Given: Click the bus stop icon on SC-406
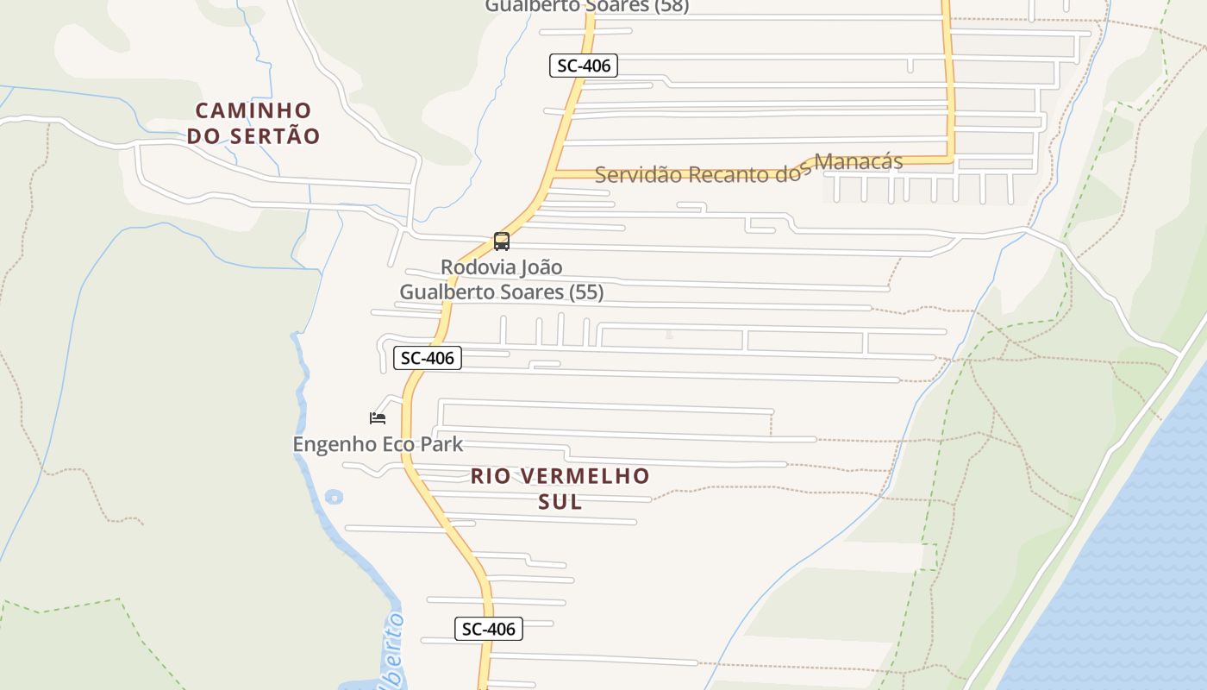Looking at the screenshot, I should (x=502, y=241).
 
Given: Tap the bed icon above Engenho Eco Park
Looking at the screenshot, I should (x=378, y=418).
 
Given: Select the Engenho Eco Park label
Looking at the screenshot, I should (x=378, y=444).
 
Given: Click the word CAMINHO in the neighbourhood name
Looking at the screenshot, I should (x=253, y=110).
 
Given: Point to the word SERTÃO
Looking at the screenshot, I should (x=276, y=136).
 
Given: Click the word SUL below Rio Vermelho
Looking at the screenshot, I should (x=560, y=501).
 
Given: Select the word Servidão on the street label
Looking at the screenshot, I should (x=637, y=174).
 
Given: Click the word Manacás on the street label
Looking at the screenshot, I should (x=859, y=161).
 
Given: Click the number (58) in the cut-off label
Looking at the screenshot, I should (x=672, y=6).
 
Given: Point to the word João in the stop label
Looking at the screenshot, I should (x=542, y=267).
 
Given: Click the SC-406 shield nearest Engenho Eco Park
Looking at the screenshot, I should (x=428, y=358).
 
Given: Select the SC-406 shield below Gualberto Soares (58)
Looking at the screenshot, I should (x=584, y=66).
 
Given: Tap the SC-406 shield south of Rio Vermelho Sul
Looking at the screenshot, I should (x=489, y=629).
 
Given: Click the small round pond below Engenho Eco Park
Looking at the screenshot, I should (x=334, y=497).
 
